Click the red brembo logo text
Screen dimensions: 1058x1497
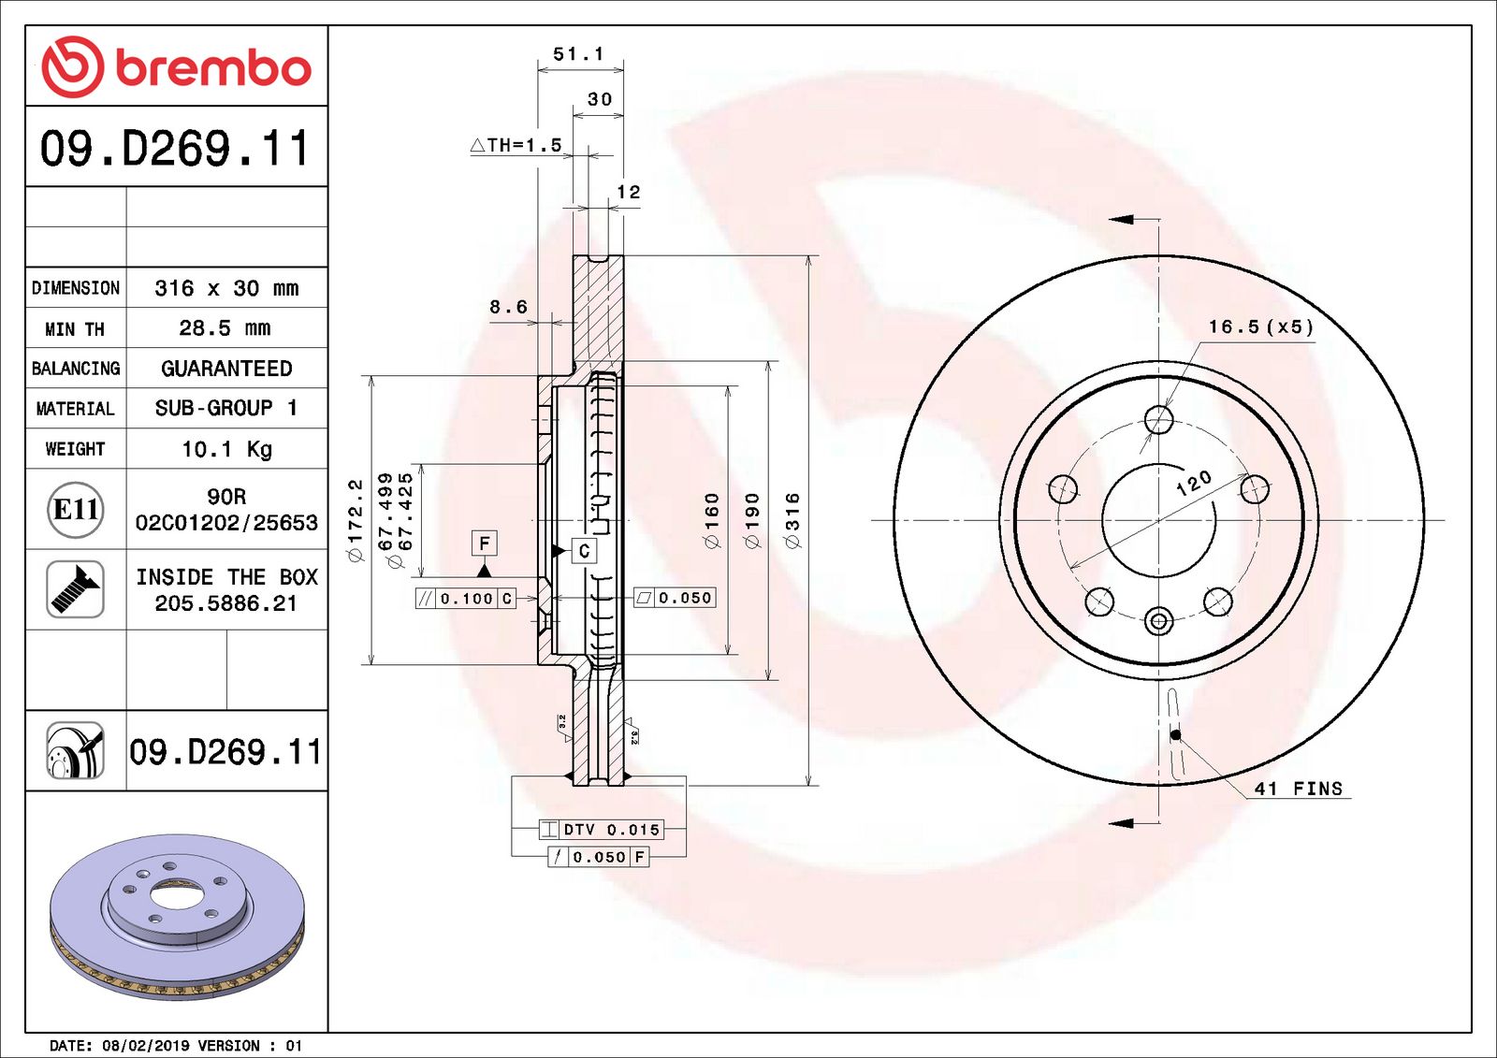(213, 68)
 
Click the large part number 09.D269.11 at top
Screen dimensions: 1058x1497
(175, 149)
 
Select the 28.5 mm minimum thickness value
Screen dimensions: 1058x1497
(225, 328)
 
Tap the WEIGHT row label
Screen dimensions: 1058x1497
(75, 449)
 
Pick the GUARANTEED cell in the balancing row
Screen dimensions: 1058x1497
(226, 369)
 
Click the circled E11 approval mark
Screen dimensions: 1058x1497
(75, 510)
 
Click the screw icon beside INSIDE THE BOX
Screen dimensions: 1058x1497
(75, 589)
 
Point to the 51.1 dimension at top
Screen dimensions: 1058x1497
(578, 54)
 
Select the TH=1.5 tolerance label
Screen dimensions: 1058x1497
(516, 145)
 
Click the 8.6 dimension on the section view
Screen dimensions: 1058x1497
(508, 307)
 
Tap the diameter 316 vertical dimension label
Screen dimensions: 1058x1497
(792, 521)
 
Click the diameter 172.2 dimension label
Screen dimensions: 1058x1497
(355, 520)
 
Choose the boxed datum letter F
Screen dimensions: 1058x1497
(484, 543)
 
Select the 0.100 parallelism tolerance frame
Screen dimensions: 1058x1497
(465, 599)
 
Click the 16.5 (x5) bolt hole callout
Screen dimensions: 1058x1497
(1260, 326)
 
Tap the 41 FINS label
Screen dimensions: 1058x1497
(1299, 789)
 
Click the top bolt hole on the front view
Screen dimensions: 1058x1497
(1159, 419)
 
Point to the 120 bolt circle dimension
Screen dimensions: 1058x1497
(1194, 483)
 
